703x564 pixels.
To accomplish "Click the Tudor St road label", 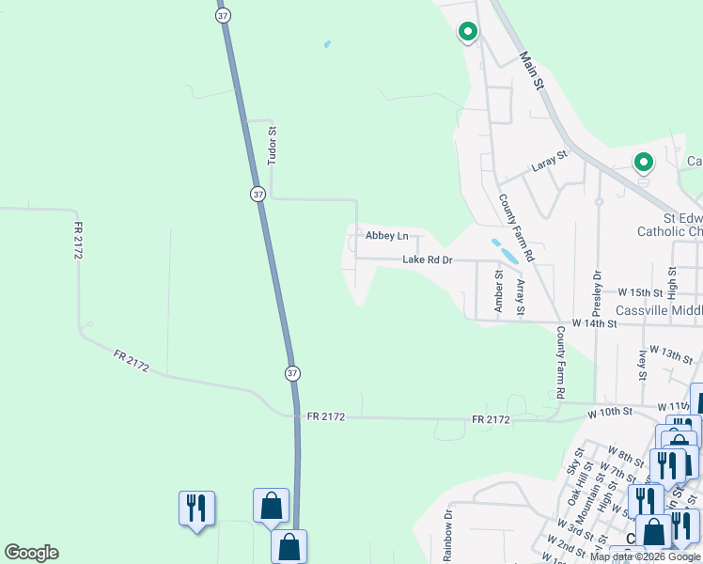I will click(273, 147).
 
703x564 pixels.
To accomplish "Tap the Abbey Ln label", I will click(387, 236).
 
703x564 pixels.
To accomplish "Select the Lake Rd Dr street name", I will click(428, 259).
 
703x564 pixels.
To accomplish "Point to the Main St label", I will click(533, 70).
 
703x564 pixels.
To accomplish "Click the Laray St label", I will click(550, 161).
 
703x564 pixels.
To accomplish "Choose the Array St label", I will click(521, 296).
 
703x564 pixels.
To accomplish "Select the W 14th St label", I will click(592, 323).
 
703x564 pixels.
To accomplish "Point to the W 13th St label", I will click(670, 353).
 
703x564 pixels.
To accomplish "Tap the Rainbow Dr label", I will click(448, 528).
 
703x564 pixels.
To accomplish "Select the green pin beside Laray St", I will click(644, 164).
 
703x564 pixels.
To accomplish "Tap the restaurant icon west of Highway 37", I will click(196, 509).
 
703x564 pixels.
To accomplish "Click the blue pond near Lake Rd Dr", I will click(505, 251).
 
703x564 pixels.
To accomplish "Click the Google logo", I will click(31, 553).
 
